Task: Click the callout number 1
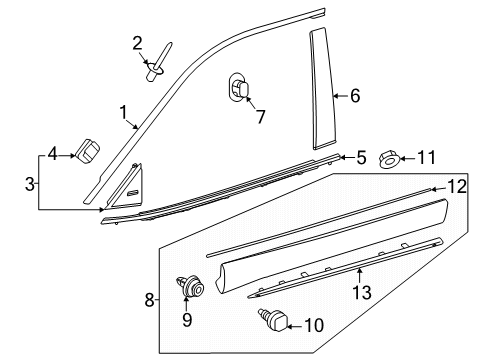(x=123, y=114)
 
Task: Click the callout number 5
(x=361, y=156)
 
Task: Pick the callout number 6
(x=354, y=96)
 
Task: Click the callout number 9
(x=187, y=321)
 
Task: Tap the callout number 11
(x=426, y=157)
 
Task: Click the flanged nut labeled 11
(x=393, y=158)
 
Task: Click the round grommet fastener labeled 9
(x=189, y=287)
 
